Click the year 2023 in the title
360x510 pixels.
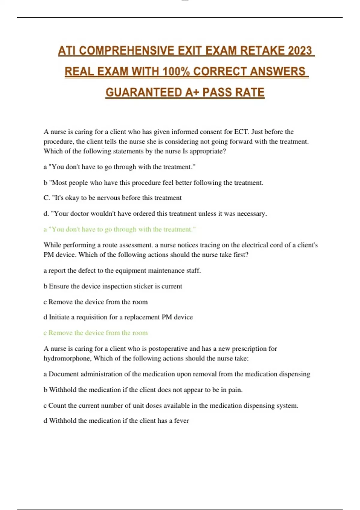300,51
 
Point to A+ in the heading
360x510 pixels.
192,92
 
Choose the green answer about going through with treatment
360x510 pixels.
120,229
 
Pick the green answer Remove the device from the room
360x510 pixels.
96,333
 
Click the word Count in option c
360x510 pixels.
57,406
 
